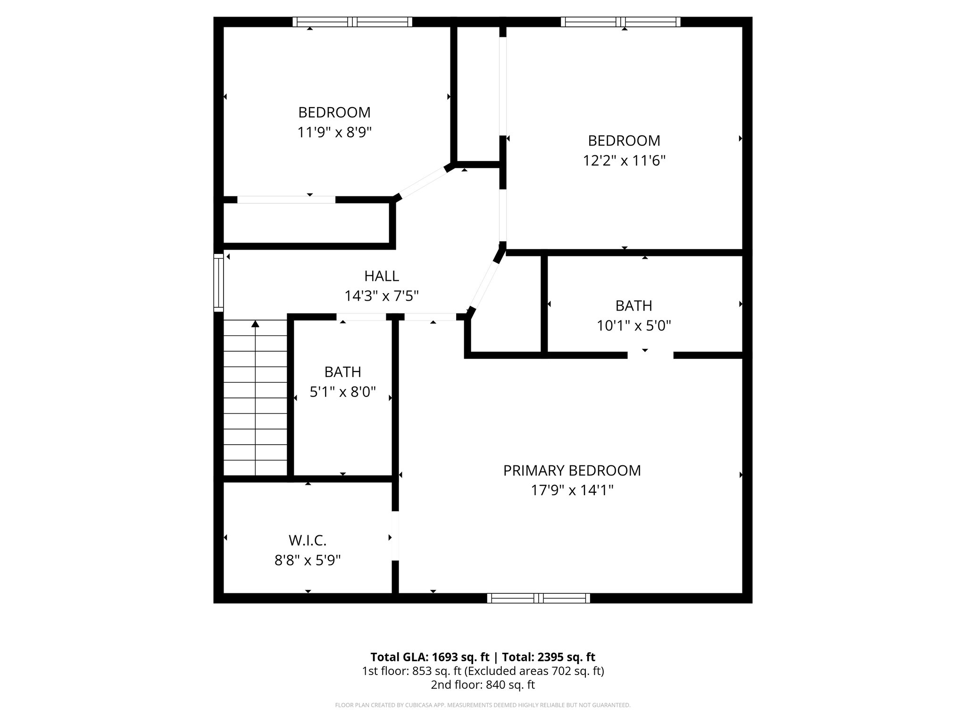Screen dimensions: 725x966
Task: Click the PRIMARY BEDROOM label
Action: coord(572,471)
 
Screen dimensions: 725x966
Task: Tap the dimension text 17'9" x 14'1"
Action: coord(572,491)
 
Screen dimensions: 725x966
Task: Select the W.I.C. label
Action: coord(308,540)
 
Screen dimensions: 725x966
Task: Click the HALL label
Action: coord(382,276)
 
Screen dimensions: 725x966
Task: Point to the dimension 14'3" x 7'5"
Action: coord(382,296)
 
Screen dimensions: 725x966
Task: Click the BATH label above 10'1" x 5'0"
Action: coord(633,306)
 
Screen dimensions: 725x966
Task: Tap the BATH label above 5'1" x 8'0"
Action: coord(342,372)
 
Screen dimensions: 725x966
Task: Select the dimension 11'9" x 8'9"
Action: coord(334,133)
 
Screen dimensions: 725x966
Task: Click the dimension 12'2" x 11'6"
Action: coord(624,161)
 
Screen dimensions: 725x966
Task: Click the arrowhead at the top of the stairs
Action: coord(255,324)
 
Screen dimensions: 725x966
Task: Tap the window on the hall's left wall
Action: coord(218,282)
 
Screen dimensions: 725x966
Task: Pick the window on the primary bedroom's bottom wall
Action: coord(538,598)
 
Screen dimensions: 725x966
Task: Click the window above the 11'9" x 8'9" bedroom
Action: coord(352,22)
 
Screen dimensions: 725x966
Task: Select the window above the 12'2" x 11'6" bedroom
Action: coord(620,22)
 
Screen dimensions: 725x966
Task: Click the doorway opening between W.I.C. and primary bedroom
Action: coord(395,536)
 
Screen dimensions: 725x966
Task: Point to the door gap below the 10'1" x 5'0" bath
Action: coord(650,355)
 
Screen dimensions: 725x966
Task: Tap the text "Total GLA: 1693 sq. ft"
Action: coord(430,657)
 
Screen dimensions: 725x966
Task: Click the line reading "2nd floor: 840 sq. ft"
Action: coord(483,685)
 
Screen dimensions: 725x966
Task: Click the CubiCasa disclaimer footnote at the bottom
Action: coord(483,705)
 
